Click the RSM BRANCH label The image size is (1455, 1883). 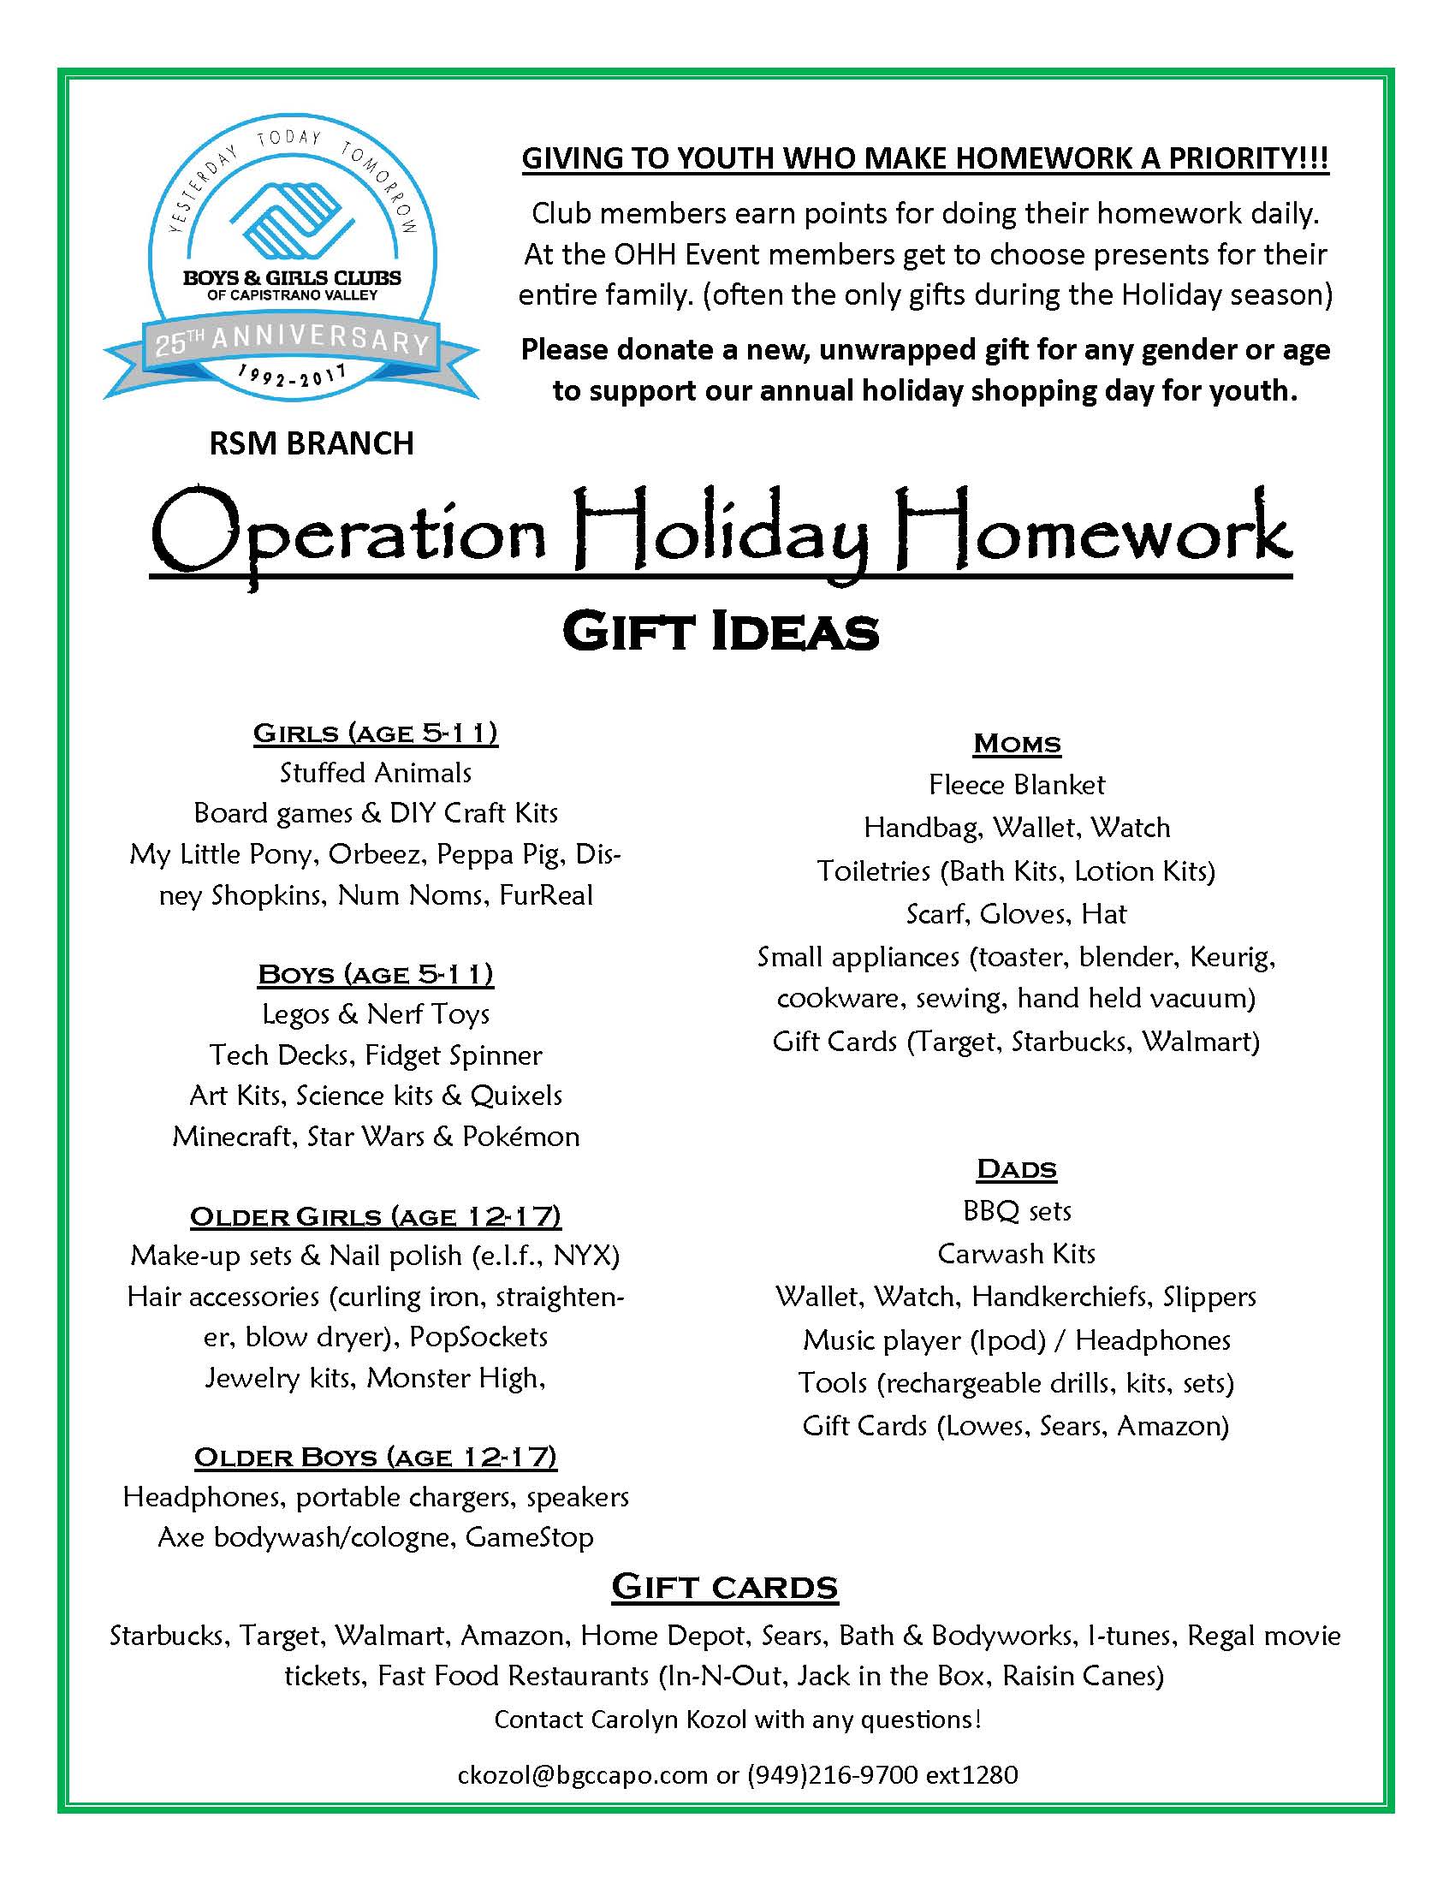pos(312,443)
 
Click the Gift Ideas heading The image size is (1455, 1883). pos(721,632)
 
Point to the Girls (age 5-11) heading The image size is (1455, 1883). pos(375,733)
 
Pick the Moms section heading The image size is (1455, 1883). pos(1016,743)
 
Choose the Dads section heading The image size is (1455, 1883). pos(1016,1169)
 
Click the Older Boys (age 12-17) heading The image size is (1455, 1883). pos(375,1457)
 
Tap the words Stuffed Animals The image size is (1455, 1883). pos(375,773)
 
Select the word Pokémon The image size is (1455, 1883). pos(520,1137)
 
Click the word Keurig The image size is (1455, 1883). pos(1232,957)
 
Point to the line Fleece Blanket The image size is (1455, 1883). pos(1016,785)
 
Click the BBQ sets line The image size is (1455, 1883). pos(1016,1210)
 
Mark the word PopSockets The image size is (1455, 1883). pos(478,1337)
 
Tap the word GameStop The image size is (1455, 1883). pos(529,1537)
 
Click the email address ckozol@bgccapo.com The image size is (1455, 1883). pos(584,1774)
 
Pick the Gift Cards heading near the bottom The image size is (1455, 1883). pos(724,1586)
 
